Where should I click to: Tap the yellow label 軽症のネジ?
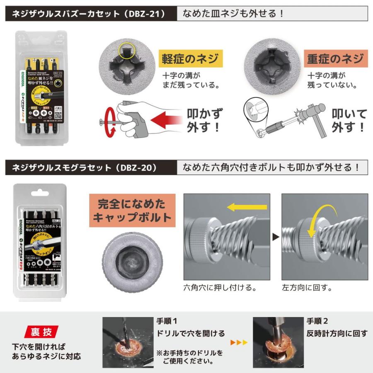coord(191,59)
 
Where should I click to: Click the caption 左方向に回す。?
coord(307,287)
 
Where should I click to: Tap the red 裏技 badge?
coord(42,332)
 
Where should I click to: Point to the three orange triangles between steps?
coord(239,342)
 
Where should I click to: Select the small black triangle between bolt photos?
coord(276,238)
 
